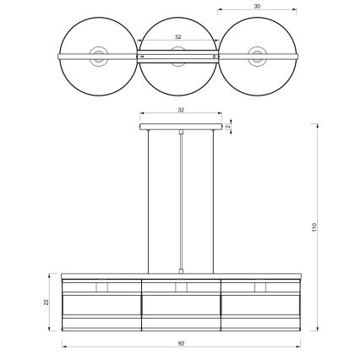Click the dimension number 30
tap(257, 6)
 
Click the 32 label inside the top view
tap(177, 37)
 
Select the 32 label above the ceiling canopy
tap(181, 110)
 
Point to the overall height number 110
tap(314, 227)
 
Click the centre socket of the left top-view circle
tap(99, 57)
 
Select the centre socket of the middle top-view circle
tap(177, 58)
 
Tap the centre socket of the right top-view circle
tap(256, 57)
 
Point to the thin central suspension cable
tap(181, 203)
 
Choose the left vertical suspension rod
tap(149, 203)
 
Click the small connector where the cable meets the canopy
tap(181, 133)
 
